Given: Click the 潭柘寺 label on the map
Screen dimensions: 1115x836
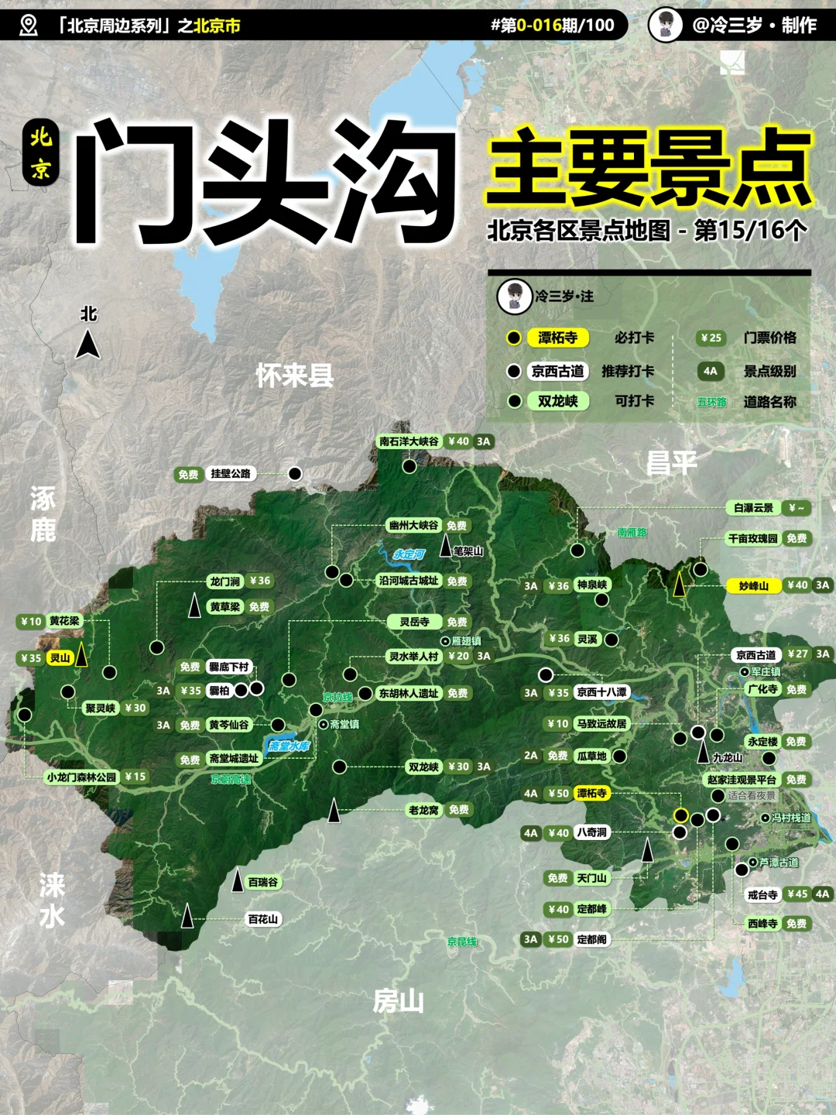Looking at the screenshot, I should coord(591,793).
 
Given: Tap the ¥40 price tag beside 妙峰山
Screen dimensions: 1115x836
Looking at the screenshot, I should coord(797,585).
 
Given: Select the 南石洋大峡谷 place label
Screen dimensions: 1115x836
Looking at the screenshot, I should coord(409,441).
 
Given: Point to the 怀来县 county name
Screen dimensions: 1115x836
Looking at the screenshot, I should coord(295,376).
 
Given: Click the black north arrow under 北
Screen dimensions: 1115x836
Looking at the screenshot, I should coord(88,344).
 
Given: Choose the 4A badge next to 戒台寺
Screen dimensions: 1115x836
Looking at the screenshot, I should coord(822,894).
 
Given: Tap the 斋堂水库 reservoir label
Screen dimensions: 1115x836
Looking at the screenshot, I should coord(289,746).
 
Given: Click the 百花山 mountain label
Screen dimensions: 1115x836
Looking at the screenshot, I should coord(263,919).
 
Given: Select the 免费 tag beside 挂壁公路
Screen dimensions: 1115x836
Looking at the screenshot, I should coord(188,475).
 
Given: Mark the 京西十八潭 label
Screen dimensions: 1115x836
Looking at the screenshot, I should coord(601,692).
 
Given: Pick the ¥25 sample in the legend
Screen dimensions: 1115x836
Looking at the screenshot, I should coord(710,338).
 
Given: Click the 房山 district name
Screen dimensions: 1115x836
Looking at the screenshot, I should coord(398,1002).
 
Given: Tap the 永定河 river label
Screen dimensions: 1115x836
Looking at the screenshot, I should coord(409,554).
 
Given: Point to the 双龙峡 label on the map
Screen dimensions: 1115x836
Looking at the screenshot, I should coord(423,767).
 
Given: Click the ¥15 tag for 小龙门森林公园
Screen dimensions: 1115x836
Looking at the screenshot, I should coord(135,777).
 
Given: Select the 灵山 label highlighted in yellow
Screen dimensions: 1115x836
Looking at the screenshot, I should coord(60,658).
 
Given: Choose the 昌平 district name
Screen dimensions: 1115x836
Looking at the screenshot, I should coord(671,463).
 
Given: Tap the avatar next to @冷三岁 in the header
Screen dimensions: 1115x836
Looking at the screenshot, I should coord(665,25).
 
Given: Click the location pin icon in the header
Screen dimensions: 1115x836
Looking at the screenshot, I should coord(28,26).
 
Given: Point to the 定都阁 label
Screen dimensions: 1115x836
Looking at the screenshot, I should coord(591,939).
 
